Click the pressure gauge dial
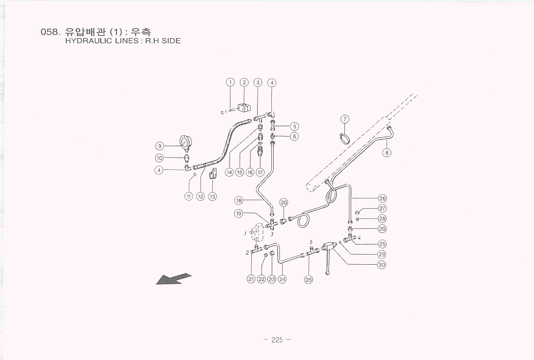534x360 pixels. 185,143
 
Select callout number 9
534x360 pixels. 159,146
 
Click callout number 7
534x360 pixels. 345,119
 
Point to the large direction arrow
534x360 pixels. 174,279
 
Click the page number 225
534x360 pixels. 277,340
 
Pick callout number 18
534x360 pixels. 239,200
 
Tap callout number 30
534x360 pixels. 382,264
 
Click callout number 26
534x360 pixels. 382,198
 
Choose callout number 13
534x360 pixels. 212,196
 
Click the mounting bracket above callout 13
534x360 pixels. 212,175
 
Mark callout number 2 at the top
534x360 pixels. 244,83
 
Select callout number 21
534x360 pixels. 251,279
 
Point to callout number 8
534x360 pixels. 387,153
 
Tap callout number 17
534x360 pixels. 260,173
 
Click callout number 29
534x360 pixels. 382,254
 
